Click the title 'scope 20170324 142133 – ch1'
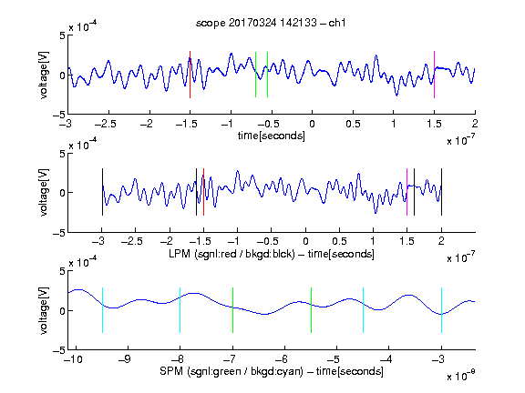(271, 23)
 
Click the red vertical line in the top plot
(190, 75)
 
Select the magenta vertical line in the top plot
(434, 75)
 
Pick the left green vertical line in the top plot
(255, 75)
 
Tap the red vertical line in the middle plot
(203, 192)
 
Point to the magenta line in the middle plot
(407, 192)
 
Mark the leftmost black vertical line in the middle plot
(102, 192)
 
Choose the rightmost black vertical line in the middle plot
(441, 192)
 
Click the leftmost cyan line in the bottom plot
(102, 310)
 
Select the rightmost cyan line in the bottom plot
(441, 310)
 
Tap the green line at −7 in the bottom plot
(232, 310)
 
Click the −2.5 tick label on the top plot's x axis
(105, 124)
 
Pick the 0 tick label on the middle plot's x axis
(305, 241)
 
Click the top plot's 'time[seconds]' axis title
(272, 136)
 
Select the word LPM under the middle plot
(180, 254)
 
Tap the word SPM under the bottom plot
(171, 371)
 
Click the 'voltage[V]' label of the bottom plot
(44, 310)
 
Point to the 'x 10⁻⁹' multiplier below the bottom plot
(460, 376)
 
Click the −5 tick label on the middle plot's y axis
(59, 233)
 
